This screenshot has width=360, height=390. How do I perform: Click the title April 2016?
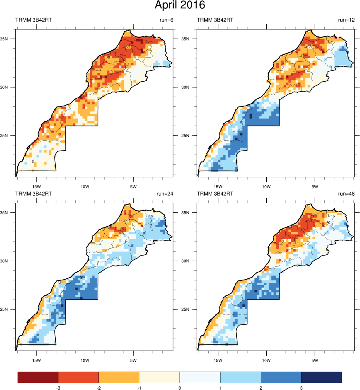tap(180, 6)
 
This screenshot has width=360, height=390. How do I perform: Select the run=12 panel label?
tap(346, 20)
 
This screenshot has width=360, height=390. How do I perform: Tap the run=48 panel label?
tap(346, 194)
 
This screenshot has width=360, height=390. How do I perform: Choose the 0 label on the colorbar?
tap(180, 388)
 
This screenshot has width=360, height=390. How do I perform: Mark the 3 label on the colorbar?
tap(301, 388)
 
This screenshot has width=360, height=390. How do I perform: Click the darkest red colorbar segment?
tap(38, 377)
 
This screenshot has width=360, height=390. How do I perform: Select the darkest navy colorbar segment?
tap(322, 377)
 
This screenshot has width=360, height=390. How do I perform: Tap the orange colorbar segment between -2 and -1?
tap(119, 377)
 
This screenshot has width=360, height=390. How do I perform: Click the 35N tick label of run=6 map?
tap(10, 39)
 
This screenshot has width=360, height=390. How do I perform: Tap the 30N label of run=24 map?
tap(10, 261)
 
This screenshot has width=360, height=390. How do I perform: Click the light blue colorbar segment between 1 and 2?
tap(241, 377)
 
